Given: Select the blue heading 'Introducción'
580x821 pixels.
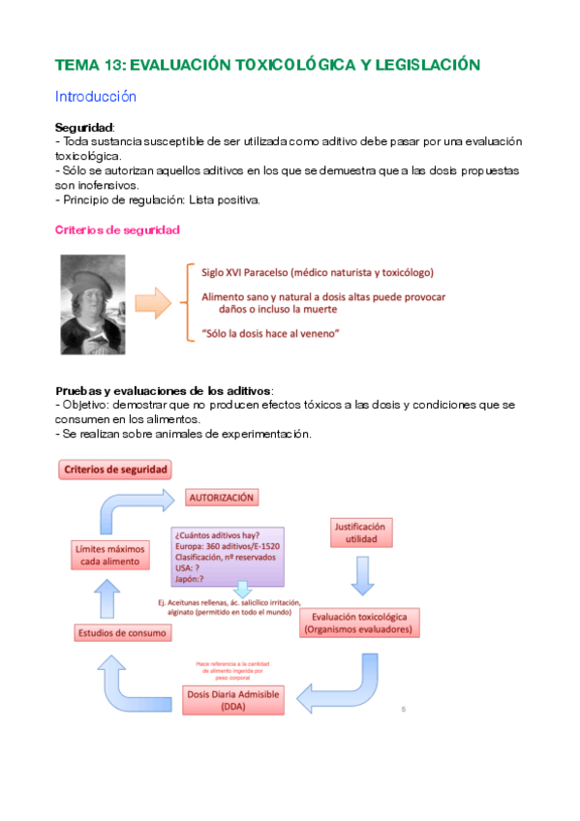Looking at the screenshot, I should (96, 97).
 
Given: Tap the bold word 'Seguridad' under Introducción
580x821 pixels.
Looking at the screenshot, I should (84, 127).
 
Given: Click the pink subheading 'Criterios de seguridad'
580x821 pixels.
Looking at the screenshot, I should (116, 230).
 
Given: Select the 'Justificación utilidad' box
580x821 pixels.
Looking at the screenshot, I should (359, 533).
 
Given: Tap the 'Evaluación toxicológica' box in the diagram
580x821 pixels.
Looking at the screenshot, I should (359, 622).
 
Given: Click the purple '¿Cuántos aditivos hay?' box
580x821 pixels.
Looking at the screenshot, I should (228, 556).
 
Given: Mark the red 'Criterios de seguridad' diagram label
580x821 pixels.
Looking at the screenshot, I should (116, 470).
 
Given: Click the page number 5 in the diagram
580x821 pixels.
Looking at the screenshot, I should (403, 710).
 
